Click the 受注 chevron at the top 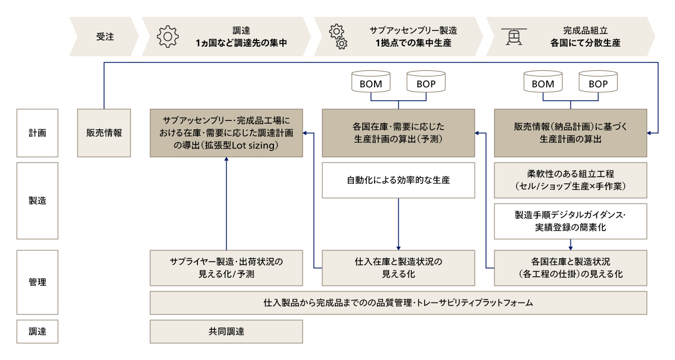pos(105,37)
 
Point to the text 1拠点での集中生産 pos(413,43)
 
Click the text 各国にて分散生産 pos(586,43)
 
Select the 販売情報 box pos(104,133)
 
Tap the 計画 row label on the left pos(38,133)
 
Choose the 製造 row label pos(38,201)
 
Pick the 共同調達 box pos(226,331)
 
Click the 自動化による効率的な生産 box pos(398,181)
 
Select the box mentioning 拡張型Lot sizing pos(226,133)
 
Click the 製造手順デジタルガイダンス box pos(570,221)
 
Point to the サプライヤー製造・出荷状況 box pos(226,268)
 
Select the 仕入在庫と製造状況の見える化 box pos(398,268)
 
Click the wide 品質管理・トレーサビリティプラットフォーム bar pos(398,303)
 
